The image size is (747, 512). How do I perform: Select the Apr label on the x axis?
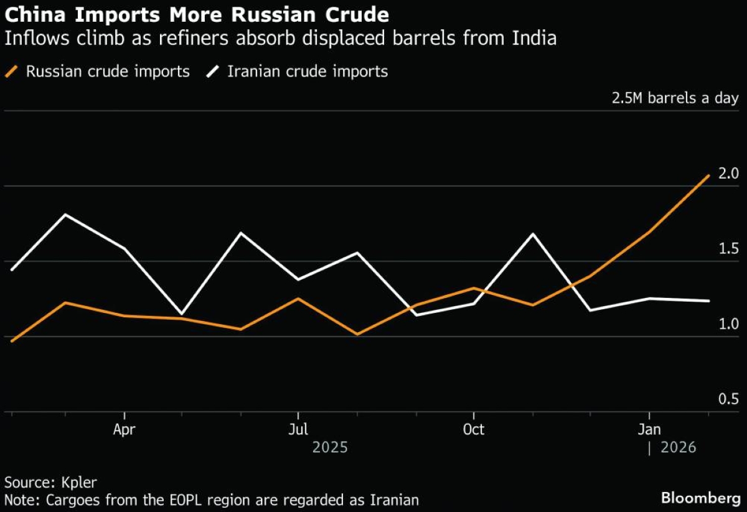point(125,430)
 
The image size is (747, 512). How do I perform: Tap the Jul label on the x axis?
point(299,430)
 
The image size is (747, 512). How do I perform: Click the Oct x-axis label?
point(474,430)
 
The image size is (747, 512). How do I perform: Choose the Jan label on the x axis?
point(649,430)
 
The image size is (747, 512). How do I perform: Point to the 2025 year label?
point(330,447)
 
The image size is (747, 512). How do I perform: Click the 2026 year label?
point(677,447)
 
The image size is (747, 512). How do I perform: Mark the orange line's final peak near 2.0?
point(708,175)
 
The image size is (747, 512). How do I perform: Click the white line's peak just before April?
point(66,215)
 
